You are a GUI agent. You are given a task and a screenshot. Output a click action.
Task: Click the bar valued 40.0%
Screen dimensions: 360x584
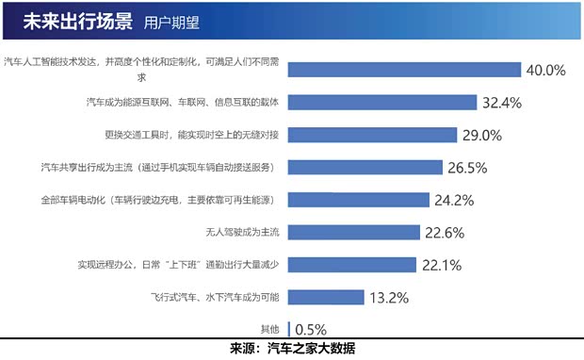click(x=405, y=69)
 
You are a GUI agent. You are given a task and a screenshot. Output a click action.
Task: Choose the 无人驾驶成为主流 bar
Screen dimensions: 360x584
click(x=353, y=232)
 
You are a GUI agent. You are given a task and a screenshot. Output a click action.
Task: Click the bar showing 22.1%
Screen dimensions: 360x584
click(x=351, y=264)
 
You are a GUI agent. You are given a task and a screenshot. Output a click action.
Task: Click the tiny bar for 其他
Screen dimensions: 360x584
click(x=289, y=329)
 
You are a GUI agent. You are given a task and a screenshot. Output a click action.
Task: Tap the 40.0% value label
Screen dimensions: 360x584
click(x=544, y=70)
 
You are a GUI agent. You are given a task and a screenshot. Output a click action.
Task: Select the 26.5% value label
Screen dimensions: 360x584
click(x=467, y=167)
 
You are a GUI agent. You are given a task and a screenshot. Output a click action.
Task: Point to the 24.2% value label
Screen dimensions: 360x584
click(x=453, y=200)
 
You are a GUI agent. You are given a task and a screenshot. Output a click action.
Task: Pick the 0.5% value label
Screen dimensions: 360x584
click(x=312, y=330)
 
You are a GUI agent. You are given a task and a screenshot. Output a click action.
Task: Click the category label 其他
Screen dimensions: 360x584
click(x=270, y=329)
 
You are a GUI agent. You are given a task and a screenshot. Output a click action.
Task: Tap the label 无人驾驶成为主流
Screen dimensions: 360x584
click(x=244, y=232)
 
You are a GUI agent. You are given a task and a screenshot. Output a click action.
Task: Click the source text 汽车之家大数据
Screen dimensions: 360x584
click(x=312, y=349)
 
